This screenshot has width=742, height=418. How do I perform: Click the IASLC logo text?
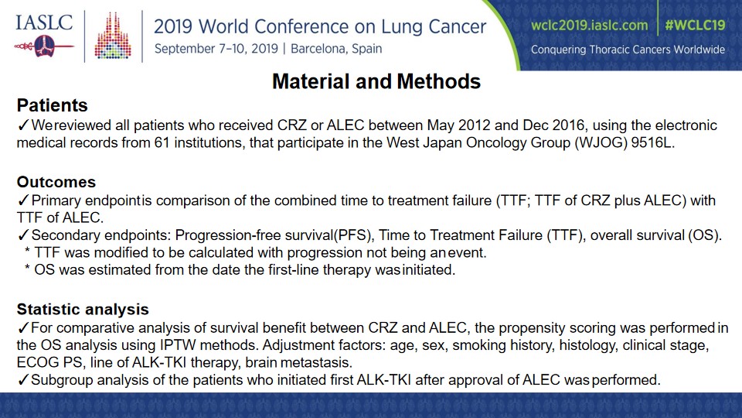tap(44, 22)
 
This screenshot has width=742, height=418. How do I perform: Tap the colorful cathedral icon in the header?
tap(113, 36)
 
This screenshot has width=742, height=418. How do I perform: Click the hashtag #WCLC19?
tap(695, 25)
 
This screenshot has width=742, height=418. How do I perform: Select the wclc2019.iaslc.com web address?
tap(589, 25)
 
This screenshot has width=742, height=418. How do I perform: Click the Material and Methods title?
tap(376, 81)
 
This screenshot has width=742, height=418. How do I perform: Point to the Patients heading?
tap(52, 105)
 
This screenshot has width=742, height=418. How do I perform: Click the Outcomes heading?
tap(56, 182)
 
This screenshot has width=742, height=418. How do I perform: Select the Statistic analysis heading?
tap(83, 310)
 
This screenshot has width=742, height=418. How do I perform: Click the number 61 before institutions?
tap(162, 142)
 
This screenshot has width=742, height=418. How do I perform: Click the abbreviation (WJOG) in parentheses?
tap(601, 142)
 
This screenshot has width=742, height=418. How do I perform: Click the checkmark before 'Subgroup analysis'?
tap(23, 379)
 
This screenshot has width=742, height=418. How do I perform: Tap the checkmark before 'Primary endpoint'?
tap(23, 200)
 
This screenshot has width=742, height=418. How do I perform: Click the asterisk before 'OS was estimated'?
tap(28, 269)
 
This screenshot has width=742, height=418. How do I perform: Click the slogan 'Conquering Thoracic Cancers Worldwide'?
tap(628, 50)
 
